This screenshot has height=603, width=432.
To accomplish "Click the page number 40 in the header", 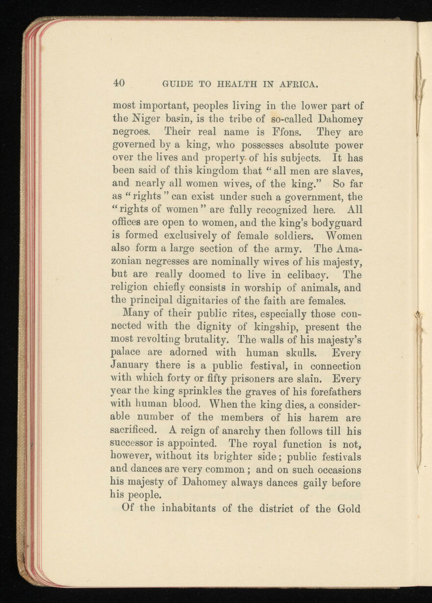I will click(120, 83).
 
